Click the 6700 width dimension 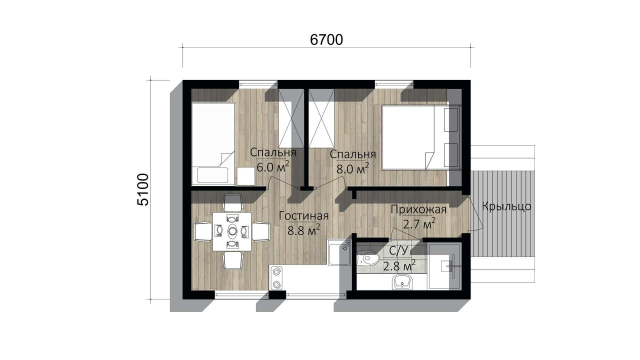coord(326,40)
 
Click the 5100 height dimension coord(143,189)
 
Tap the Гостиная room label coord(303,216)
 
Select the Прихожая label coord(418,209)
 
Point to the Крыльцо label coord(506,206)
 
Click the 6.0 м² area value coord(273,166)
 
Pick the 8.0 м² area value coord(353,168)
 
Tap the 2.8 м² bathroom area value coord(399,265)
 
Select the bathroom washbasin coord(403,282)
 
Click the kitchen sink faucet coord(346,245)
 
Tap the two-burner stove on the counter coord(276,277)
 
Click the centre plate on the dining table coord(232,230)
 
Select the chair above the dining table coord(232,202)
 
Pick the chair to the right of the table coord(261,231)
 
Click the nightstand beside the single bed coord(245,176)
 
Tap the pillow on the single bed coord(212,175)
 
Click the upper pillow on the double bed coord(451,119)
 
